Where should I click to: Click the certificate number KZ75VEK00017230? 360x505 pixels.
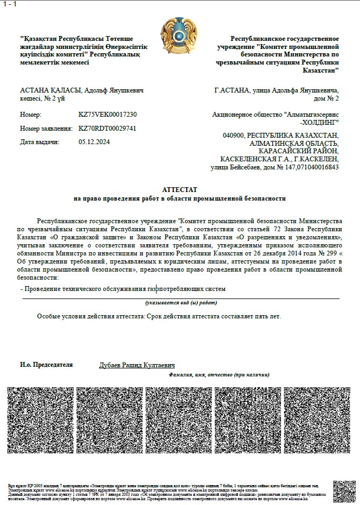click(x=108, y=115)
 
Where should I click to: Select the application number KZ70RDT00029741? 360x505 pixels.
click(x=107, y=129)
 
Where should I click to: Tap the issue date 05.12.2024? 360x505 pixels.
click(x=94, y=142)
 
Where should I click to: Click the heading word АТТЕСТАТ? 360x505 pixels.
click(x=180, y=190)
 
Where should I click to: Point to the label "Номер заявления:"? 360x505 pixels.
click(x=46, y=129)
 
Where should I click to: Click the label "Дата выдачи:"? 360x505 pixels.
click(x=39, y=142)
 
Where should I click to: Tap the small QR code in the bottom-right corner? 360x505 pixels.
click(x=344, y=492)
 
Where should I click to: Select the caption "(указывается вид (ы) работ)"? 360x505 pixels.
click(x=181, y=303)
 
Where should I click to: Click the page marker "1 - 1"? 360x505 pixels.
click(x=10, y=4)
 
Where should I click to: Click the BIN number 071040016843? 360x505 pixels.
click(x=320, y=167)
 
